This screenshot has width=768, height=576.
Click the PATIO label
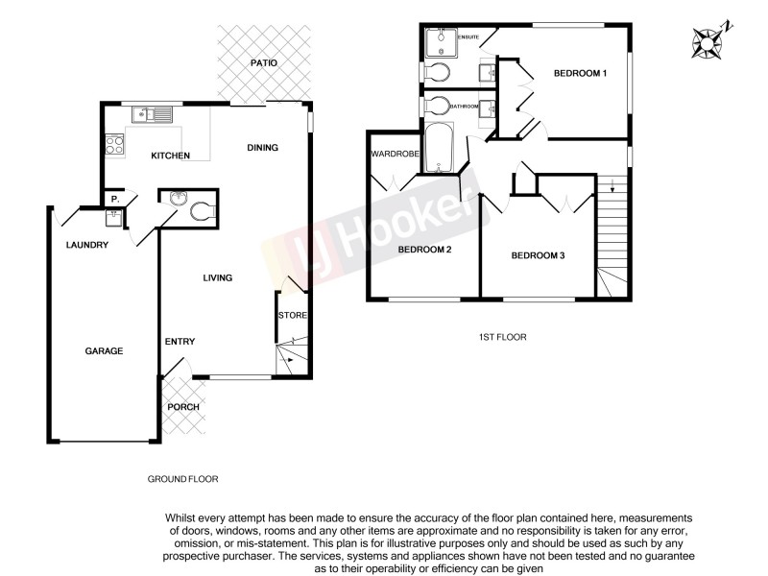tap(264, 63)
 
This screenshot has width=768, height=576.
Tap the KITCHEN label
tap(170, 156)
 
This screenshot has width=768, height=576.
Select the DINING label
tap(262, 148)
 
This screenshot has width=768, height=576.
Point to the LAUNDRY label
tap(86, 246)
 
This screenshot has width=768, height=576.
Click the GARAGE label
tap(104, 351)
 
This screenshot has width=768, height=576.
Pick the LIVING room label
tap(217, 278)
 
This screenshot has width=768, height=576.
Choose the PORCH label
tap(183, 407)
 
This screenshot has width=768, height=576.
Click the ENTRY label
tap(180, 342)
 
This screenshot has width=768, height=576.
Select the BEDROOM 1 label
tap(582, 73)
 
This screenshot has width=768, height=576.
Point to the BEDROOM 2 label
tap(425, 250)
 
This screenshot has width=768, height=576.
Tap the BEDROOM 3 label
tap(538, 255)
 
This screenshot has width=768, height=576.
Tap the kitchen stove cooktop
tap(114, 146)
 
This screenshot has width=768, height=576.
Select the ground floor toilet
tap(204, 212)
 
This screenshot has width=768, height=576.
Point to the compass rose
tap(712, 40)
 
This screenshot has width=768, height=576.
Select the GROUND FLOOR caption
tap(183, 477)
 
